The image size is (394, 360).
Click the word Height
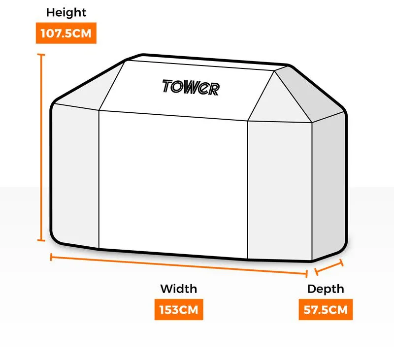pos(66,12)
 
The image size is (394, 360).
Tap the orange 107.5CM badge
pos(66,33)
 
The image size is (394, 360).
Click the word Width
pos(179,289)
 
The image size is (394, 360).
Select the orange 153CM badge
pos(179,309)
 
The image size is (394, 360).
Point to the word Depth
pos(326,289)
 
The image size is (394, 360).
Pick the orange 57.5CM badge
pos(326,309)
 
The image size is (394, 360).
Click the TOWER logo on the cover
pos(191,88)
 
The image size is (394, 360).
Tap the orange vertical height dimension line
pos(41,147)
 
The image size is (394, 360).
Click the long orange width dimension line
pos(179,265)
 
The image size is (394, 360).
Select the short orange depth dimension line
pos(329,267)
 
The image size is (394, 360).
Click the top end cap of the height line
pos(41,55)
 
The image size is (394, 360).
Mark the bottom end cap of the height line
pos(41,240)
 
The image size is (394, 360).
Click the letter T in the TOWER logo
pos(167,86)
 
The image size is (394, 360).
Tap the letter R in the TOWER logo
pos(214,89)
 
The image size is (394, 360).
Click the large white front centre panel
pos(173,185)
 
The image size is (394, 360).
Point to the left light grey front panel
pos(75,175)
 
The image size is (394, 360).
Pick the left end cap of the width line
pos(51,257)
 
